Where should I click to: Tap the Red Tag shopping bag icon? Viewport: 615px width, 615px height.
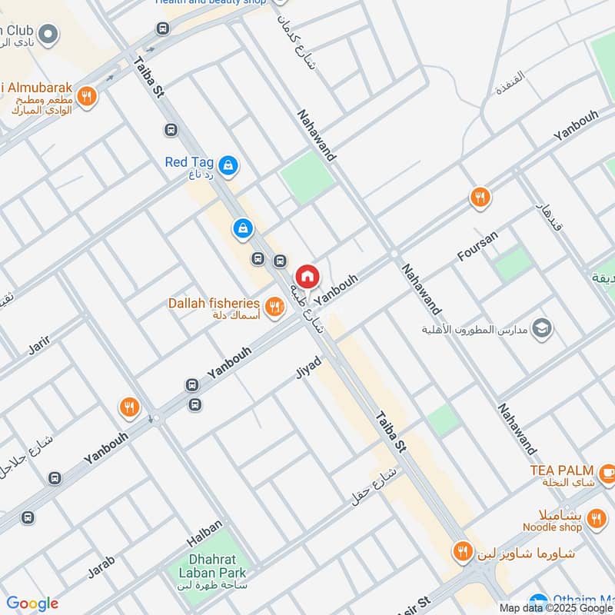228,165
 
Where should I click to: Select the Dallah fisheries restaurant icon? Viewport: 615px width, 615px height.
274,304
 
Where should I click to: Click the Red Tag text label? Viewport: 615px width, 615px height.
188,162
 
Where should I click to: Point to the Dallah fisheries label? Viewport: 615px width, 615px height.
214,304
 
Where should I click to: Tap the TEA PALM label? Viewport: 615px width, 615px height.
561,470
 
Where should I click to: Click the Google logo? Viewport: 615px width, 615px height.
32,603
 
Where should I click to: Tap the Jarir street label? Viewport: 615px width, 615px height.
39,346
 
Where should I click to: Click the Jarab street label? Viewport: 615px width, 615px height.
101,566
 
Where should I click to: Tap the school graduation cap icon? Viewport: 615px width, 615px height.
543,329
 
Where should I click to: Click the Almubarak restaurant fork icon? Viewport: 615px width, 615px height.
87,97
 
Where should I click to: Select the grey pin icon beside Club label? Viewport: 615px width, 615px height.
48,34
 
